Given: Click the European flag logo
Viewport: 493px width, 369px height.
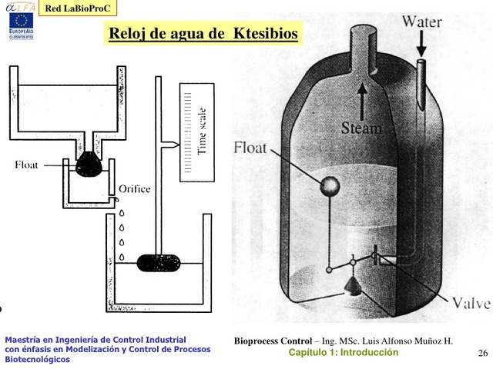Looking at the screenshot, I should coord(17,22).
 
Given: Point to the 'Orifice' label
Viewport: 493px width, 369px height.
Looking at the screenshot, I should coord(135,188).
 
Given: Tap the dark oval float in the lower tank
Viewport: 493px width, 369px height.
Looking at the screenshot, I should coord(158,262).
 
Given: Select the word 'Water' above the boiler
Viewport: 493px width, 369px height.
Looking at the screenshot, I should coord(422,21).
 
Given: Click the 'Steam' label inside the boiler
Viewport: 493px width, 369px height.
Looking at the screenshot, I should coord(361,128).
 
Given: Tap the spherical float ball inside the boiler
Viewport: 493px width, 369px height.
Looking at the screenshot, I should coord(330,186).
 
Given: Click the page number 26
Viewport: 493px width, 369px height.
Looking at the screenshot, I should coord(483,353).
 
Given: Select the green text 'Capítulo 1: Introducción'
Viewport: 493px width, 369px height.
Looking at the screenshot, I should coord(344,353).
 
